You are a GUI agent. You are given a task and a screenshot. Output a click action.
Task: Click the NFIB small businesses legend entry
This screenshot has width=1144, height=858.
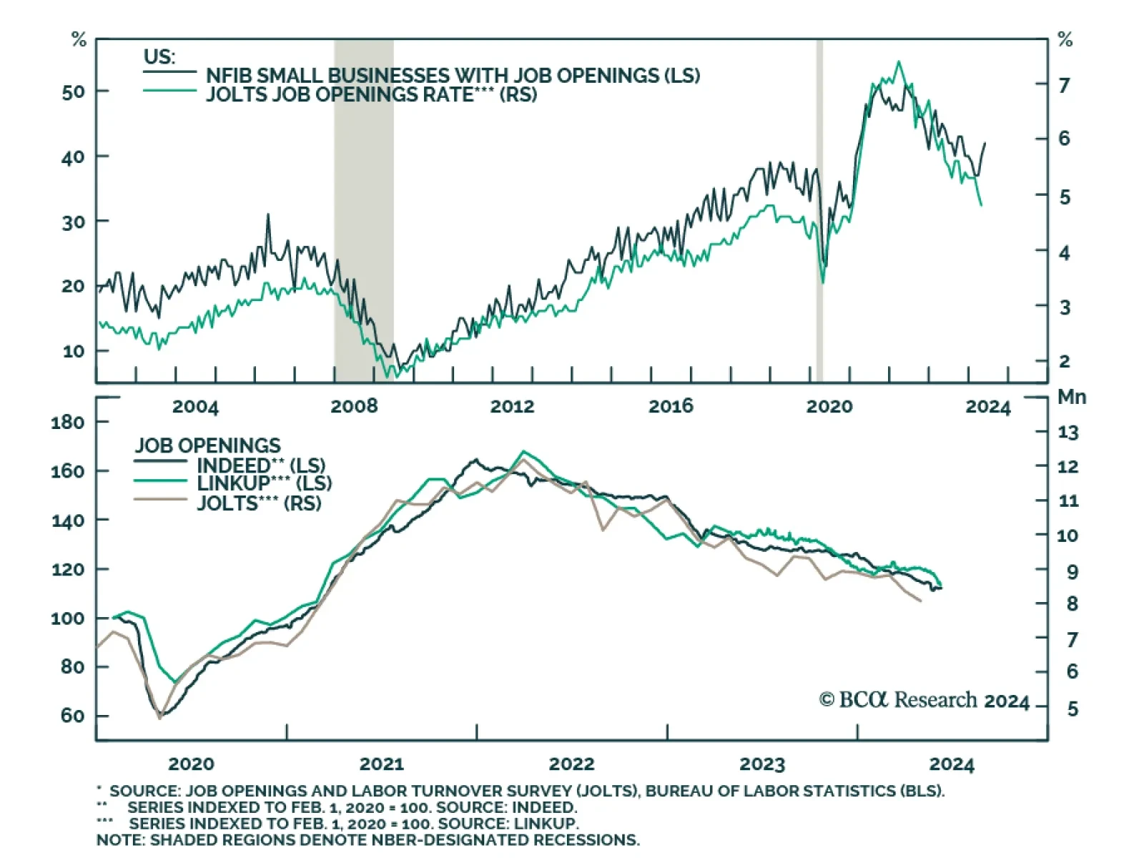[452, 75]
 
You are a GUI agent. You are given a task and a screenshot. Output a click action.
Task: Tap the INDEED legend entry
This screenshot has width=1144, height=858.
[260, 465]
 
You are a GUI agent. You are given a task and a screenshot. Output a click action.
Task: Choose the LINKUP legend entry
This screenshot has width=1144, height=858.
[264, 483]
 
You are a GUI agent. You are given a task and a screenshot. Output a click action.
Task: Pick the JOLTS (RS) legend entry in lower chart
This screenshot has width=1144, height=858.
[259, 503]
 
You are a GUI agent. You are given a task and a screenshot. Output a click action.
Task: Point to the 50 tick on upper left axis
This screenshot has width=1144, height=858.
[74, 92]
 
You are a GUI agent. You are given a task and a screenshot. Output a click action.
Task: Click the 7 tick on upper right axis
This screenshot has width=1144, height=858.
[1064, 86]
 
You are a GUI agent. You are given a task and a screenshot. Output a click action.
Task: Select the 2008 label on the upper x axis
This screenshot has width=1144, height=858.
[354, 407]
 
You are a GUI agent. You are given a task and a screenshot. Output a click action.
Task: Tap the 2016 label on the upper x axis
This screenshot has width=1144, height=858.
[671, 407]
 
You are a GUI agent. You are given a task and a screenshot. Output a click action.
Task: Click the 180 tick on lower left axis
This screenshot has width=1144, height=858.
[67, 423]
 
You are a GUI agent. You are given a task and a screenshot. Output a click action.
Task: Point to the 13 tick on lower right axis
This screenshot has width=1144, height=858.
[1067, 433]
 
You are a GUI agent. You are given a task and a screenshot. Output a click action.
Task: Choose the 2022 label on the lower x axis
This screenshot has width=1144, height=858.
[571, 764]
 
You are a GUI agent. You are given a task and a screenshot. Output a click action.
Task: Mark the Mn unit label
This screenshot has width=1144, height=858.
[1072, 398]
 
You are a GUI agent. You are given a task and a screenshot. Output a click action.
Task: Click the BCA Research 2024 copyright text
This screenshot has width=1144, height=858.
[924, 700]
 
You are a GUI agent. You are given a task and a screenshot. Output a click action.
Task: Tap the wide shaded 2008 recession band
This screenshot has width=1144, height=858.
[363, 207]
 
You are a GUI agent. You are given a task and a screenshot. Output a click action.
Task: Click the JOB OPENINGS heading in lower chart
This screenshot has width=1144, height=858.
[207, 445]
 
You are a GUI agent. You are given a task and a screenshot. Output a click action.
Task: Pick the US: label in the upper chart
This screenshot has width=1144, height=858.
[159, 57]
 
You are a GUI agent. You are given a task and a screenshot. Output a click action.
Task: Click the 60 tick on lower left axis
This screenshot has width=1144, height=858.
[72, 716]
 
